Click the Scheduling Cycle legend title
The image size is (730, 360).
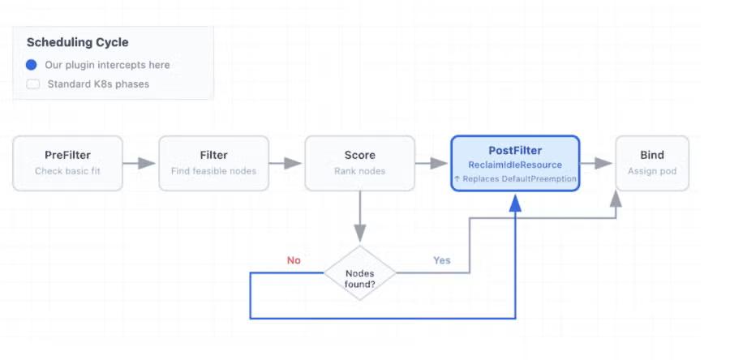click(77, 42)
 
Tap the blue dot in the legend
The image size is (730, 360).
click(31, 65)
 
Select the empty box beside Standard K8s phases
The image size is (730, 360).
click(33, 84)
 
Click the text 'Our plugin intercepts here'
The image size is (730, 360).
click(107, 65)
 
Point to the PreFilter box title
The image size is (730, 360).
click(67, 155)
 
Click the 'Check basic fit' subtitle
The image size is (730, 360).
click(67, 171)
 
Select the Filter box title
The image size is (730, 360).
click(213, 155)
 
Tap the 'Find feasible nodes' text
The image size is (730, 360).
click(213, 171)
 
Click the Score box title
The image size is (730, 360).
click(360, 155)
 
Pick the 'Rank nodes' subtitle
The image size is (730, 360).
click(360, 171)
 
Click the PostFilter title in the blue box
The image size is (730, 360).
click(515, 151)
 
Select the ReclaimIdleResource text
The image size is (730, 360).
click(515, 165)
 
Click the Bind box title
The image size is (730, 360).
click(652, 155)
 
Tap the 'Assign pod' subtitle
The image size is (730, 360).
click(652, 171)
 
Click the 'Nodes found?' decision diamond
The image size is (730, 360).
click(360, 273)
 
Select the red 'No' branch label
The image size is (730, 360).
click(294, 260)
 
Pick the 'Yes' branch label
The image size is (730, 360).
click(442, 260)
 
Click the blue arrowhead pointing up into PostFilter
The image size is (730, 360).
click(515, 204)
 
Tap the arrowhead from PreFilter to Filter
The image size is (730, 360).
click(147, 163)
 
